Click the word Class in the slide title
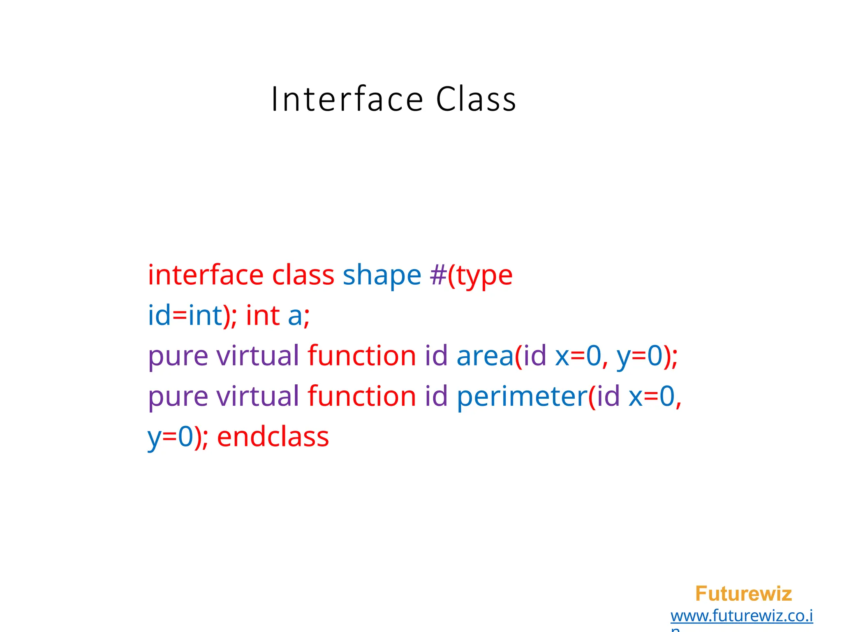pyautogui.click(x=476, y=100)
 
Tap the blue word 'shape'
pyautogui.click(x=382, y=276)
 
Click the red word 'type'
pyautogui.click(x=484, y=276)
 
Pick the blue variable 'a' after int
pyautogui.click(x=295, y=316)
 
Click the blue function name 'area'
pyautogui.click(x=485, y=355)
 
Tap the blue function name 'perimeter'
pyautogui.click(x=522, y=397)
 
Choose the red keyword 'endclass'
pyautogui.click(x=273, y=437)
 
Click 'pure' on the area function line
pyautogui.click(x=178, y=356)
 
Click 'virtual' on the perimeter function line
pyautogui.click(x=258, y=396)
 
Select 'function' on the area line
pyautogui.click(x=362, y=355)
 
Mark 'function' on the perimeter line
pyautogui.click(x=362, y=396)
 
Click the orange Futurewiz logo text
pyautogui.click(x=743, y=594)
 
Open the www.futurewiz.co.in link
pyautogui.click(x=742, y=616)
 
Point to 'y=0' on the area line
pyautogui.click(x=639, y=356)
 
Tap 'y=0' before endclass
pyautogui.click(x=170, y=437)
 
